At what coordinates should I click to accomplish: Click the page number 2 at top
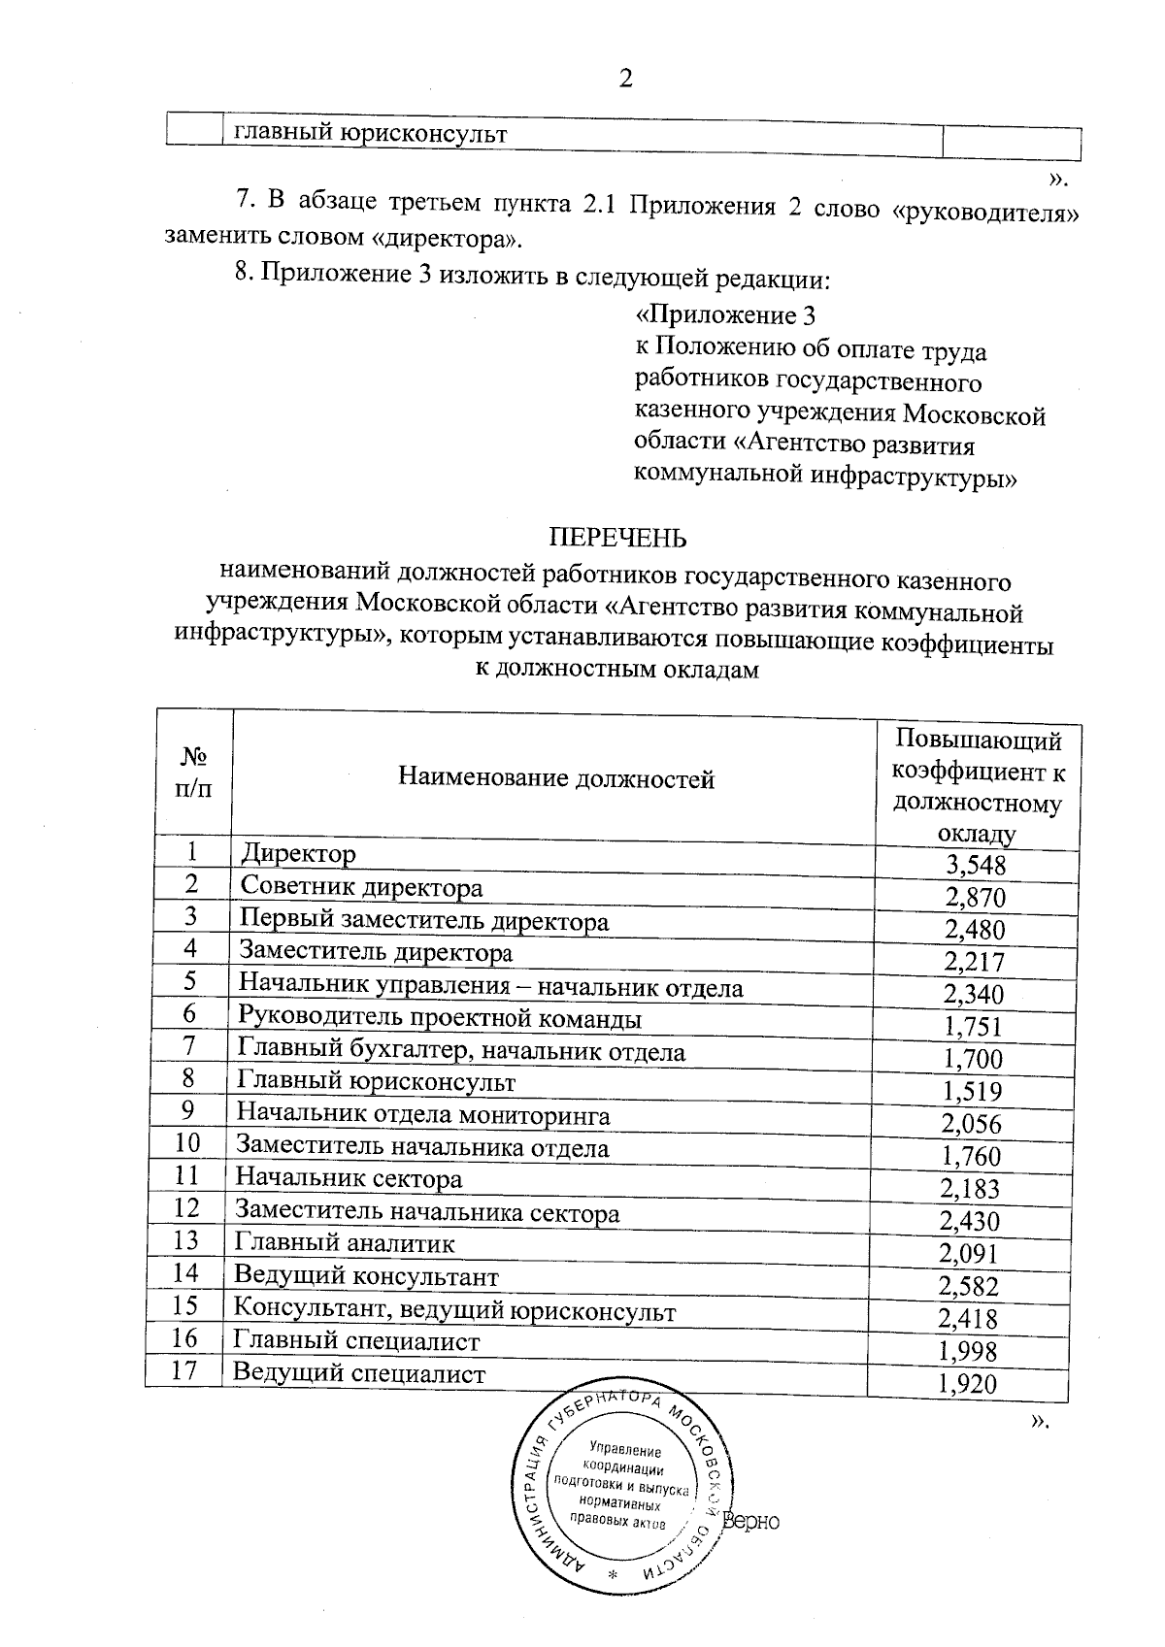coord(625,79)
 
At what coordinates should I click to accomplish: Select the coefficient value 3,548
coord(976,865)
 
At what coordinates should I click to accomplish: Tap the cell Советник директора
coord(360,887)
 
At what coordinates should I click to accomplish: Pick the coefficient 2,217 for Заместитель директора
coord(974,962)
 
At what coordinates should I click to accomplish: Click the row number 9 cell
coord(188,1109)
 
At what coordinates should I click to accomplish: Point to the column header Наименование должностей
coord(555,778)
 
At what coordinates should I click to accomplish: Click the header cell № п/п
coord(193,773)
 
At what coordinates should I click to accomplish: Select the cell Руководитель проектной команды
coord(440,1019)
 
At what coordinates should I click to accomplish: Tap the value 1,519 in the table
coord(972,1092)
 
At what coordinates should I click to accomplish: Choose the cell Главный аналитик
coord(344,1243)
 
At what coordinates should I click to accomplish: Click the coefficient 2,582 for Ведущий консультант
coord(970,1286)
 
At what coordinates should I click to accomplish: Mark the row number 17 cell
coord(184,1370)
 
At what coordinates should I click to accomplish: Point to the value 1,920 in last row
coord(968,1383)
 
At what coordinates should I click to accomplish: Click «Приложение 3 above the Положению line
coord(723,316)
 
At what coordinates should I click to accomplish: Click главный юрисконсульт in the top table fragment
coord(371,135)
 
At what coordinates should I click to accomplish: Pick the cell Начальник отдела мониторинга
coord(424,1115)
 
